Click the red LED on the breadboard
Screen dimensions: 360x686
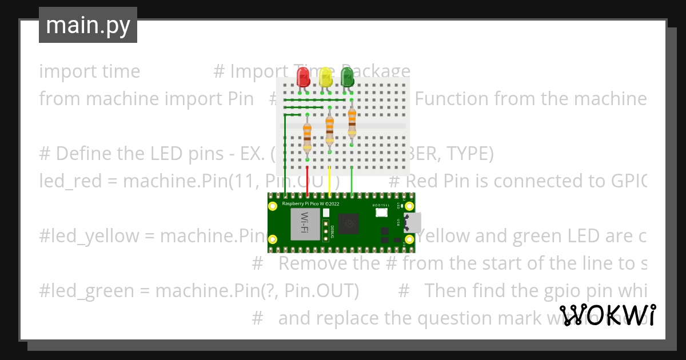point(302,77)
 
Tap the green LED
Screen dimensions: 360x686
point(347,77)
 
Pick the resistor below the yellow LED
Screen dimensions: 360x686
point(329,130)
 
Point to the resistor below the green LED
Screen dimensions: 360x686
point(352,123)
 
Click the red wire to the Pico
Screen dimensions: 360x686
point(308,180)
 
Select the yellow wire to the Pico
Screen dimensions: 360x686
point(330,180)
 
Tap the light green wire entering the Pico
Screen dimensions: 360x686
point(352,180)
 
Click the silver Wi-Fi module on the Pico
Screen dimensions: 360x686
point(305,224)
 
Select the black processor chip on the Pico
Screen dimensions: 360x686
point(348,223)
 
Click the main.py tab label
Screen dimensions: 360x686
point(88,26)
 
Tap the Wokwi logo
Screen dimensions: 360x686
point(607,315)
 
